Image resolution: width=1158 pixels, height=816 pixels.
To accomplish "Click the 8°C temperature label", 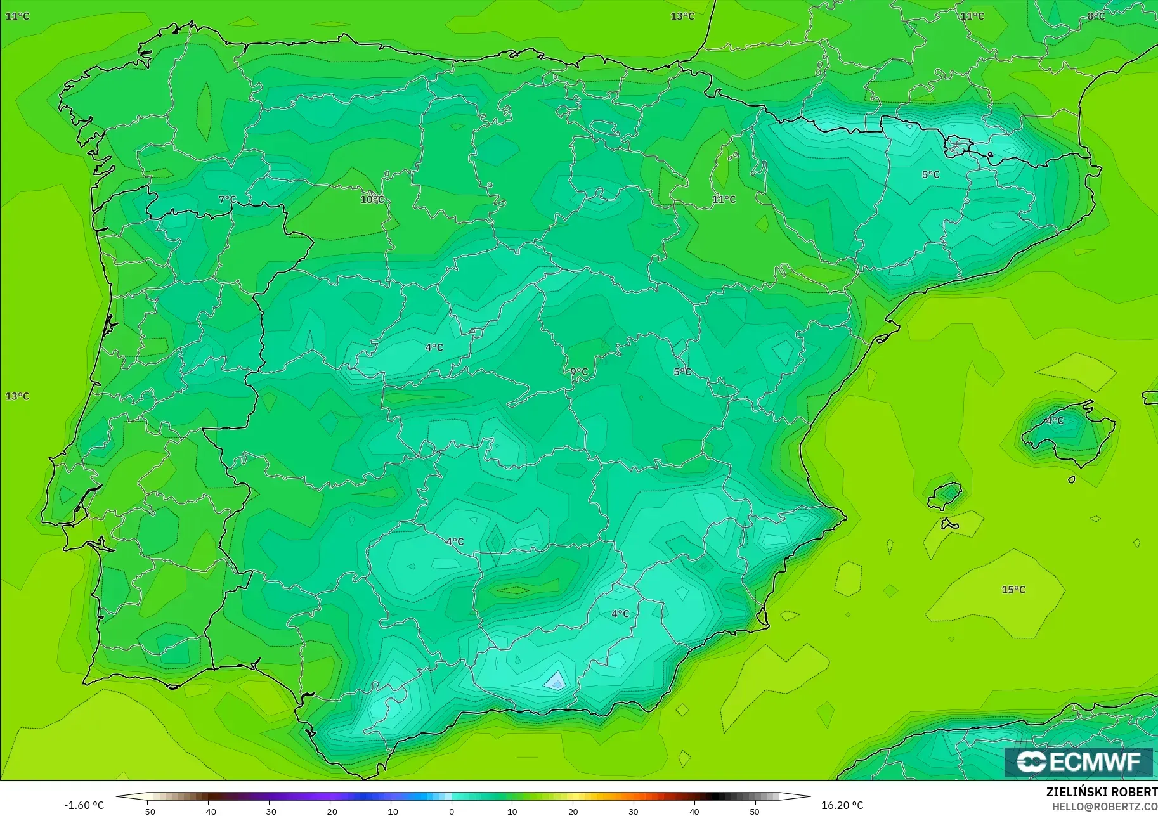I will pyautogui.click(x=1096, y=16).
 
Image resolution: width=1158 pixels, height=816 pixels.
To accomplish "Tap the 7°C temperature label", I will pyautogui.click(x=227, y=199).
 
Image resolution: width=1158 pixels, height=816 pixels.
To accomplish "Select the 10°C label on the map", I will pyautogui.click(x=372, y=199).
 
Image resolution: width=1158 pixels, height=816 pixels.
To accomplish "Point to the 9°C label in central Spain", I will pyautogui.click(x=578, y=372).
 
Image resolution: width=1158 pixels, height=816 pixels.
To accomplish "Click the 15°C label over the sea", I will pyautogui.click(x=1013, y=590).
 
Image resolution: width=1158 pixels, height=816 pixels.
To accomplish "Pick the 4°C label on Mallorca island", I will pyautogui.click(x=1055, y=420).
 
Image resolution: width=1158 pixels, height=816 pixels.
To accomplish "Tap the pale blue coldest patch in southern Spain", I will pyautogui.click(x=556, y=681).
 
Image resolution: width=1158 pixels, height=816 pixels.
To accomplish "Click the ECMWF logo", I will pyautogui.click(x=1079, y=761).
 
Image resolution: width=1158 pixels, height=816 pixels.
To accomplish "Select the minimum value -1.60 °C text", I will pyautogui.click(x=84, y=805).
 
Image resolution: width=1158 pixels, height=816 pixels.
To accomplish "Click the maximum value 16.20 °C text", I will pyautogui.click(x=842, y=805).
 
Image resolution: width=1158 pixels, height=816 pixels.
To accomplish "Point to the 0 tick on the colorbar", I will pyautogui.click(x=452, y=812).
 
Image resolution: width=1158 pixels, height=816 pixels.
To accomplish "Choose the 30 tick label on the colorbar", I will pyautogui.click(x=634, y=812).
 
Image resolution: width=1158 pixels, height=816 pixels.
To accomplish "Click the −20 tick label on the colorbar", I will pyautogui.click(x=329, y=812).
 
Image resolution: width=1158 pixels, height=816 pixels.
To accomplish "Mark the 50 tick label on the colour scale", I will pyautogui.click(x=755, y=812).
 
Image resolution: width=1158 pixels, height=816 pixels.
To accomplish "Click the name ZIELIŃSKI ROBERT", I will pyautogui.click(x=1102, y=793).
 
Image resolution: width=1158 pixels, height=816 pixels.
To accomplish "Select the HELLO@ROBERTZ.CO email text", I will pyautogui.click(x=1105, y=806).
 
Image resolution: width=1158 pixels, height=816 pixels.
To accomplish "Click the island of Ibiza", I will pyautogui.click(x=946, y=495).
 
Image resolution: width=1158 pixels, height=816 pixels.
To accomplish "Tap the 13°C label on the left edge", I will pyautogui.click(x=17, y=396).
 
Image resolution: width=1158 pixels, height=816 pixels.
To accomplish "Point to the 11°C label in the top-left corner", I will pyautogui.click(x=17, y=16).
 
